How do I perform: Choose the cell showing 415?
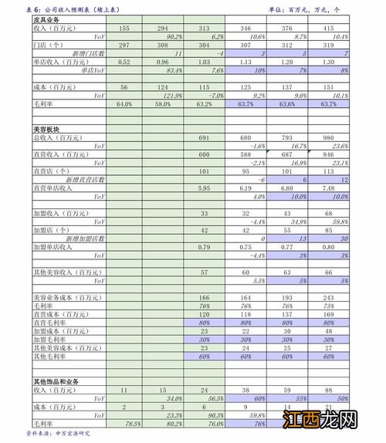(329, 28)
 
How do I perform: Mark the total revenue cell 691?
(205, 137)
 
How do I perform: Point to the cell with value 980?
(329, 137)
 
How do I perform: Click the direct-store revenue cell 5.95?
(205, 188)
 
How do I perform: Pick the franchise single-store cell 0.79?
(205, 247)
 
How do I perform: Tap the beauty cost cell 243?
(329, 297)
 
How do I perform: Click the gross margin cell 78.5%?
(132, 424)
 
